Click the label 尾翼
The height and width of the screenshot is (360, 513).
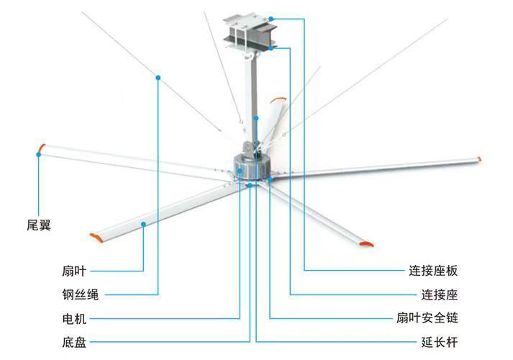pos(39,225)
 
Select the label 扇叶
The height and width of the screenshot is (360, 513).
pos(74,271)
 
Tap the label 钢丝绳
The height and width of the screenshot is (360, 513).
pos(80,294)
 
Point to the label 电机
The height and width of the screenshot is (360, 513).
pos(74,318)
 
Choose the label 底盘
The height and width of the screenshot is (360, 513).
pos(74,342)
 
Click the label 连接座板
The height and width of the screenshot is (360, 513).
pos(433,271)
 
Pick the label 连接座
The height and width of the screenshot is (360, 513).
pos(440,294)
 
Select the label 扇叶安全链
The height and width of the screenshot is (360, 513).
pos(427,318)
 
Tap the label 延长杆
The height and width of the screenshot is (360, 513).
pos(440,342)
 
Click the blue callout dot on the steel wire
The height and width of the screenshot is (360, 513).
pos(158,78)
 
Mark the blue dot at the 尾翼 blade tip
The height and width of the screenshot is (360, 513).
pos(39,155)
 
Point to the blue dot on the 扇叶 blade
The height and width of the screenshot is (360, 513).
pos(143,224)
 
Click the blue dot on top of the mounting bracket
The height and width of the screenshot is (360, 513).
pos(271,19)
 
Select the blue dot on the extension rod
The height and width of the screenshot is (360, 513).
pos(256,118)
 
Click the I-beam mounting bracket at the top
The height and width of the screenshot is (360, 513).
pos(250,32)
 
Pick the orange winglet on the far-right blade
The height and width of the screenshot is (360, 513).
pos(479,159)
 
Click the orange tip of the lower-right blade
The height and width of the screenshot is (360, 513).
pos(366,244)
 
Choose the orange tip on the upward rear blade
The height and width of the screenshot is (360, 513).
pos(278,99)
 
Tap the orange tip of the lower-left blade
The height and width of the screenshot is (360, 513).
pos(96,238)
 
